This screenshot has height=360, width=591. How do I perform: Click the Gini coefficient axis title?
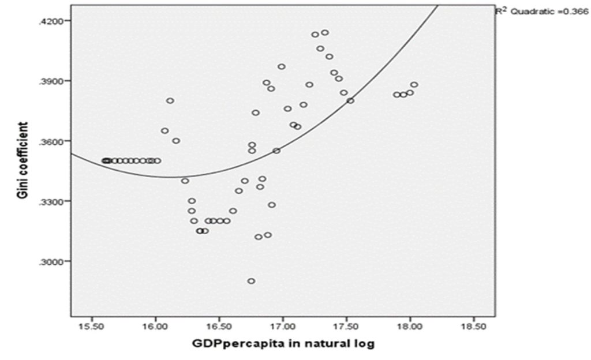23,160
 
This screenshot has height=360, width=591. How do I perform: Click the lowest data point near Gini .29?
251,281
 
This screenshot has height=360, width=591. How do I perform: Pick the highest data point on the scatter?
325,32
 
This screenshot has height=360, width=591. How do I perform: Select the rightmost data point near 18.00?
414,85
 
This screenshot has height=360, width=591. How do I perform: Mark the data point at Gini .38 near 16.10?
170,100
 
